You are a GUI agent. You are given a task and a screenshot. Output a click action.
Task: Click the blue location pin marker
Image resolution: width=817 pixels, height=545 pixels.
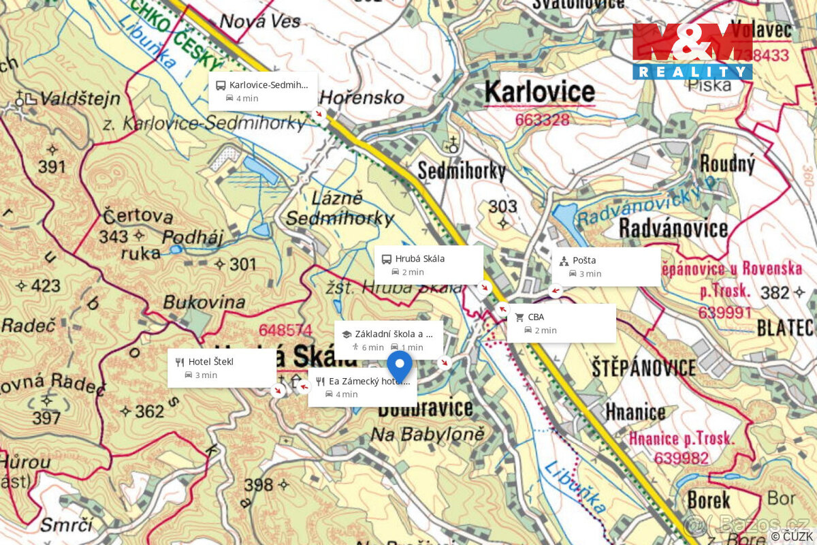click(400, 364)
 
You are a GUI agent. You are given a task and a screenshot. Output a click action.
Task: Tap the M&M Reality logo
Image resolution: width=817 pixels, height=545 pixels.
click(692, 52)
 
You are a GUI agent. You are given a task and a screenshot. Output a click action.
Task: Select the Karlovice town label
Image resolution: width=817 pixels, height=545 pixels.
click(540, 92)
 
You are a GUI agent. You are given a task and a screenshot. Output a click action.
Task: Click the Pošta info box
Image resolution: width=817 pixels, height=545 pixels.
click(605, 266)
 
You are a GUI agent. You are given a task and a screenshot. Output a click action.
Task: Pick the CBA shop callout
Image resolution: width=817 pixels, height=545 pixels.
click(561, 323)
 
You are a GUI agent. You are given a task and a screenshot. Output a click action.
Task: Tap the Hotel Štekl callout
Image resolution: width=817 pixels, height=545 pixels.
click(222, 368)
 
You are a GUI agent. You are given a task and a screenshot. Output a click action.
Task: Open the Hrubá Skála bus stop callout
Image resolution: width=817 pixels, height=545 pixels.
click(428, 265)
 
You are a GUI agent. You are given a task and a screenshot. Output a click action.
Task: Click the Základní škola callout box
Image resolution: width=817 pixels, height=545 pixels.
click(388, 340)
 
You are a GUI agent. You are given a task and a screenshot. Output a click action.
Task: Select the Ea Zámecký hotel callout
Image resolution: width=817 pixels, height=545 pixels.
click(362, 388)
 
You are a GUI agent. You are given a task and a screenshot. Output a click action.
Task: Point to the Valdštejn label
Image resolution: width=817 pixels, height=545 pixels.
click(79, 99)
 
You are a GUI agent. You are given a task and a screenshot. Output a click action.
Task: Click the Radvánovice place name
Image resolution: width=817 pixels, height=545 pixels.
click(673, 228)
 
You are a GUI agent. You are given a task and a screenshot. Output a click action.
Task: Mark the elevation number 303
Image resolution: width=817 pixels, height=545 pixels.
click(502, 206)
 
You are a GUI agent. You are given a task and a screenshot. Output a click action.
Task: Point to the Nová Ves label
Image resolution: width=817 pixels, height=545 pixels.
click(261, 21)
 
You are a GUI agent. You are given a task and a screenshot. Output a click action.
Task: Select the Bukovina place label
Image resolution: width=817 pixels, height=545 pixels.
click(204, 302)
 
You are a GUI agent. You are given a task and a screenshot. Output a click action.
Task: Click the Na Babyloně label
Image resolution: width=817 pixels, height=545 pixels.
click(427, 434)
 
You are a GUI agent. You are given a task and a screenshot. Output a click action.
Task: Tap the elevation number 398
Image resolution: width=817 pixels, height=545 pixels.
click(259, 485)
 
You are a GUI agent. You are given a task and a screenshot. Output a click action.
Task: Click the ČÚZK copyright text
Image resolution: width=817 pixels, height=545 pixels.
click(792, 537)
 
